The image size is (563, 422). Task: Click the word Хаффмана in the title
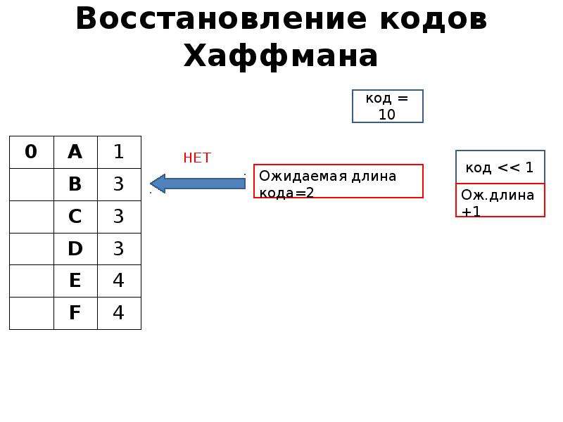pos(280,56)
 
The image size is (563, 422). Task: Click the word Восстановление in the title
pos(221,18)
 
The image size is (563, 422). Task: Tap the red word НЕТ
pos(197,158)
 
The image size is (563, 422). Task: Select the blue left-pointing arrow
pos(198,184)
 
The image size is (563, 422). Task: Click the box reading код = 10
pos(388,106)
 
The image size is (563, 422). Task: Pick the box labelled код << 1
pos(500,167)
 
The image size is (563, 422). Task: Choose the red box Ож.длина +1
pos(500,200)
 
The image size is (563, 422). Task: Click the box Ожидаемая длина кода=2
pos(339,181)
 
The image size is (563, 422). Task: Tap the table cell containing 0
pos(32,152)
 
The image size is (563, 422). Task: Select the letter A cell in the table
pos(75,152)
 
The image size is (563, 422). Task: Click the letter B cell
pos(75,184)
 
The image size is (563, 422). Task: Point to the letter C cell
pos(75,217)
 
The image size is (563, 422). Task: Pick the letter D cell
pos(75,249)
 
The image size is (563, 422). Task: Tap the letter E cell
pos(75,281)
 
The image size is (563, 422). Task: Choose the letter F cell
pos(75,313)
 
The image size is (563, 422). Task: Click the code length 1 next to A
pos(119,152)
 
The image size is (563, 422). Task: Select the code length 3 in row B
pos(119,184)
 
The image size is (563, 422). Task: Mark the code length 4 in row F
pos(119,313)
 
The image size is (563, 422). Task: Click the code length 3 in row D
pos(119,249)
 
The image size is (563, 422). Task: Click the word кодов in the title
pos(434,18)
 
